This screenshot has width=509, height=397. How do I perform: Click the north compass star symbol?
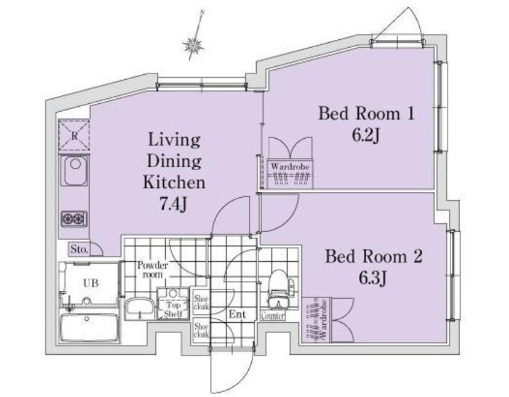pyautogui.click(x=193, y=45)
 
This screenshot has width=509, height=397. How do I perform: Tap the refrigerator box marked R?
pyautogui.click(x=74, y=135)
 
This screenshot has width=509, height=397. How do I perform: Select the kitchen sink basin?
pyautogui.click(x=74, y=170)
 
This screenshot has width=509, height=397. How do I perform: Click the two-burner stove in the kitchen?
pyautogui.click(x=74, y=218)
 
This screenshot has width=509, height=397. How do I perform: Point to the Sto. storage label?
pyautogui.click(x=79, y=249)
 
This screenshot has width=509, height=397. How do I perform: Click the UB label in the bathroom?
pyautogui.click(x=90, y=283)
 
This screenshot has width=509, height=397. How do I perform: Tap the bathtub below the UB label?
pyautogui.click(x=89, y=327)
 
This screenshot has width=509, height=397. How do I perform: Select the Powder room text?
pyautogui.click(x=152, y=270)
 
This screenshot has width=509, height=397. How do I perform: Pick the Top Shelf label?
pyautogui.click(x=173, y=310)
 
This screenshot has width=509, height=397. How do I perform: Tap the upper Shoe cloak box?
pyautogui.click(x=201, y=302)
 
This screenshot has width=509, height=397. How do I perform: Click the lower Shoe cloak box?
pyautogui.click(x=201, y=330)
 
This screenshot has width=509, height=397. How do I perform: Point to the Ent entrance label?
pyautogui.click(x=237, y=314)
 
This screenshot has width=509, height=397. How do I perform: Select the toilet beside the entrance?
pyautogui.click(x=278, y=288)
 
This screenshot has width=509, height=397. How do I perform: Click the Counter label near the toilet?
pyautogui.click(x=273, y=316)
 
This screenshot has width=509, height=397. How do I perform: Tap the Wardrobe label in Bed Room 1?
pyautogui.click(x=290, y=167)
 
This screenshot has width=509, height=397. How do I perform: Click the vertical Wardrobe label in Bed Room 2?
pyautogui.click(x=323, y=320)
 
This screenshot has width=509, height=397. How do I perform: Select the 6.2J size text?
pyautogui.click(x=366, y=136)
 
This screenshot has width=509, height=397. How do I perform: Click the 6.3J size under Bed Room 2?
pyautogui.click(x=373, y=278)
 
